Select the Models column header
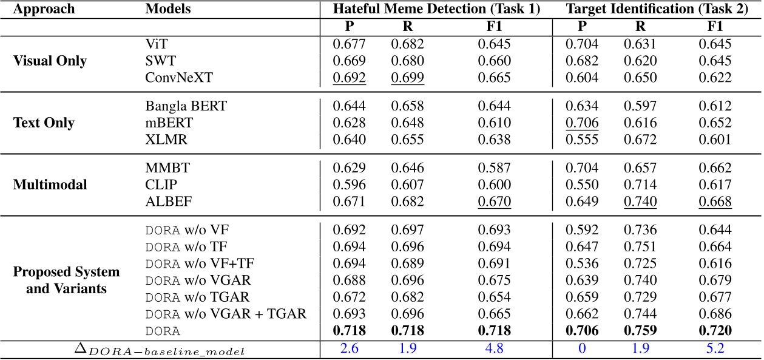168,9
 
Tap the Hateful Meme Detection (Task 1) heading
436,9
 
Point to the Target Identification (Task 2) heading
655,9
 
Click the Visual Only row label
51,61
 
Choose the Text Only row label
44,123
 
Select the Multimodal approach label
50,185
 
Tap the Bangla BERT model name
178,106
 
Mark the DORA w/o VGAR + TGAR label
226,314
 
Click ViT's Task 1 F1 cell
494,44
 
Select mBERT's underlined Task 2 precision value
582,122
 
